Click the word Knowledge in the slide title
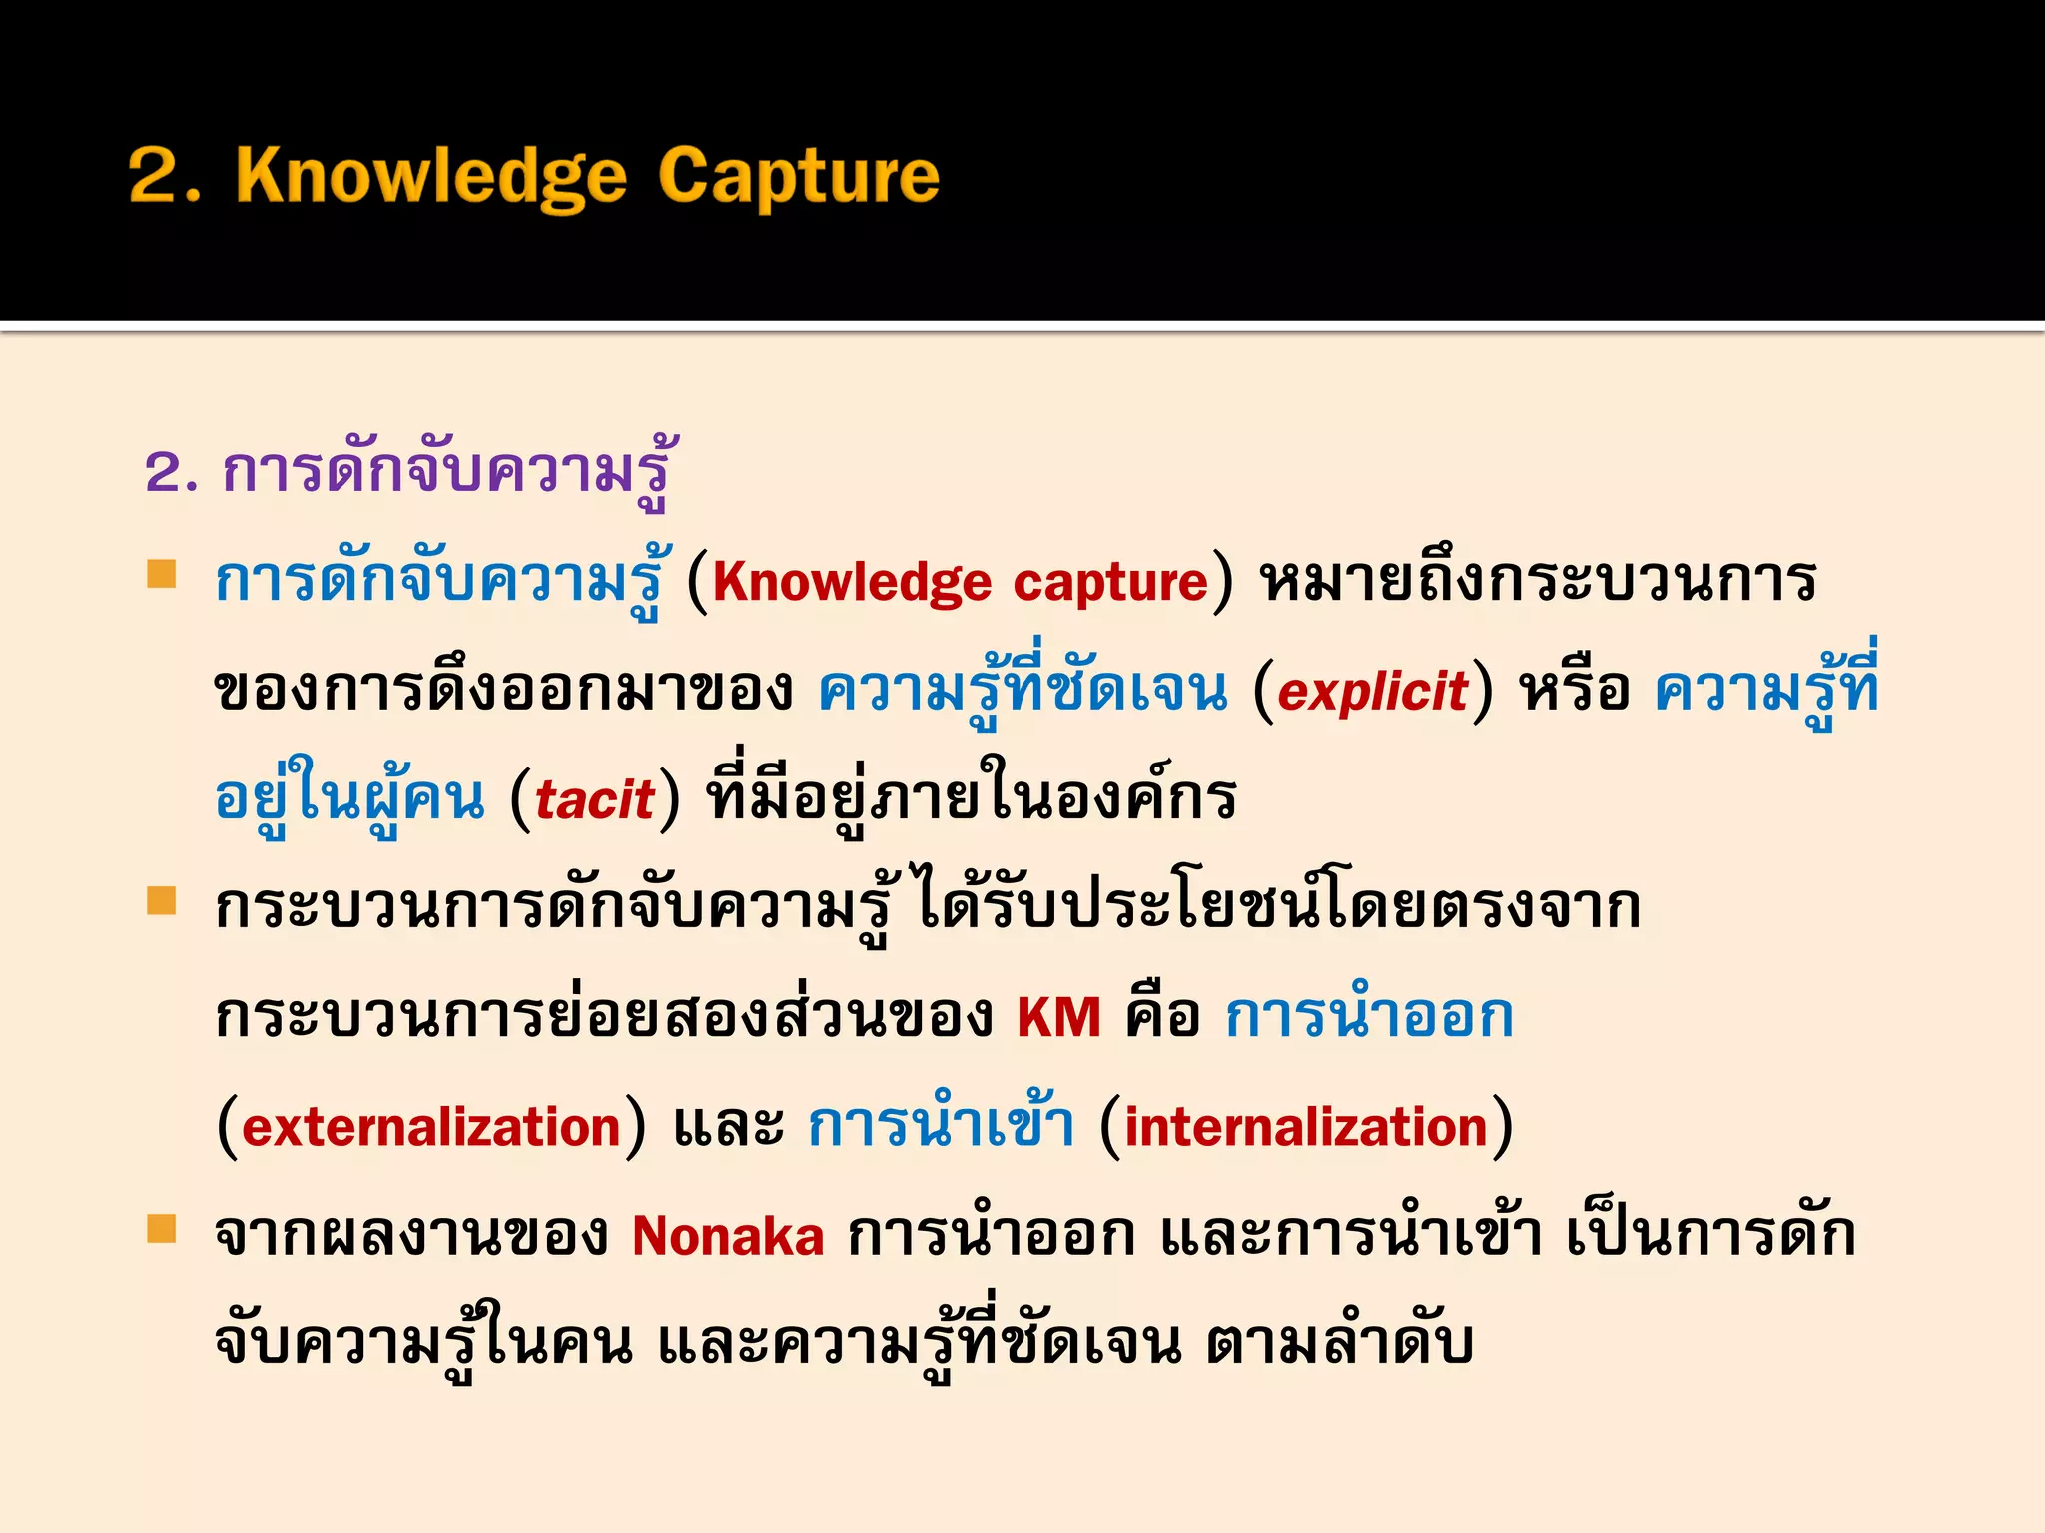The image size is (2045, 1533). [431, 176]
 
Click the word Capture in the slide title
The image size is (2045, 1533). [799, 176]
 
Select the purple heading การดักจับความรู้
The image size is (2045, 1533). [444, 471]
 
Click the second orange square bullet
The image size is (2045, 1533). [162, 900]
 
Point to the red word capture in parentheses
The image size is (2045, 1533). [1110, 583]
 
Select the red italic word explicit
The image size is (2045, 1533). [1372, 691]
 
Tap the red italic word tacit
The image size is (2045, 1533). [595, 800]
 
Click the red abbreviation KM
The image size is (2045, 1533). [1058, 1018]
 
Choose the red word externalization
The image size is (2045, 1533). [431, 1128]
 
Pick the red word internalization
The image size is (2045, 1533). [1306, 1128]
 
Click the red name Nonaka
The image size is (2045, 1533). [728, 1236]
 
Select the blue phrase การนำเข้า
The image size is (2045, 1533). [941, 1126]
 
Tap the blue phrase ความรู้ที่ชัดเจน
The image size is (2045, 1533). [1022, 689]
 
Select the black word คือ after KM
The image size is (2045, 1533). [1162, 1018]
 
